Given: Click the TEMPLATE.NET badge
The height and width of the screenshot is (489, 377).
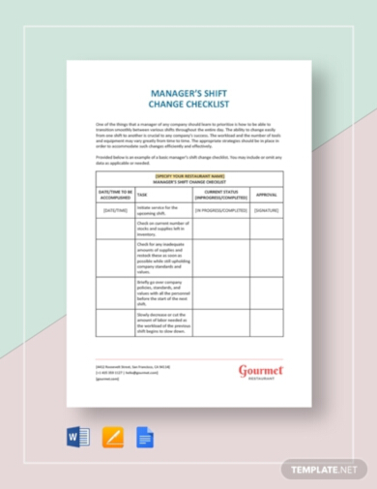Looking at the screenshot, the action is click(x=324, y=468).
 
